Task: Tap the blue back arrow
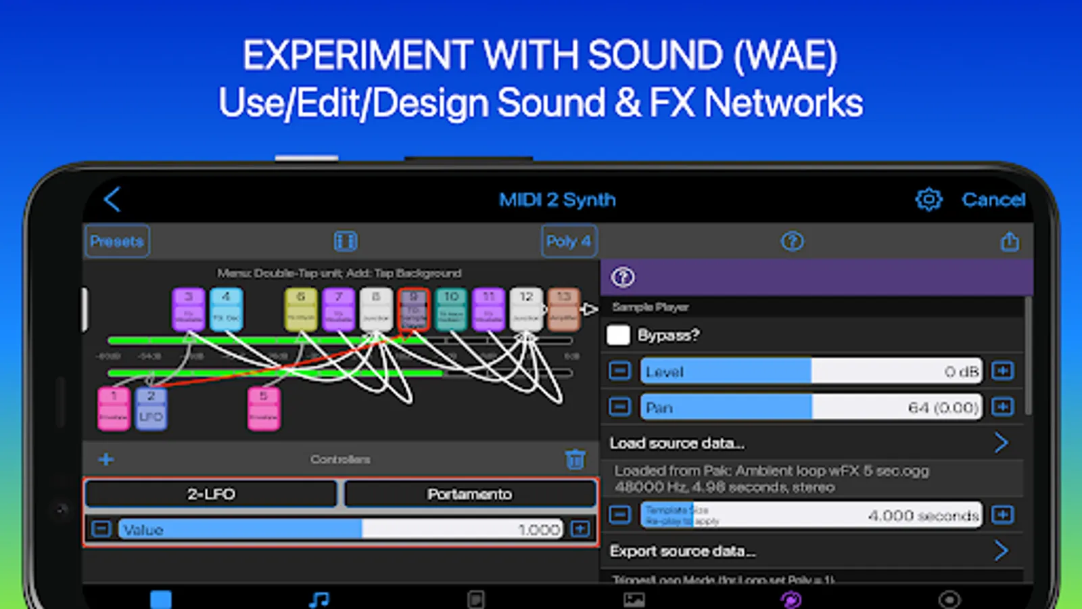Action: pos(112,199)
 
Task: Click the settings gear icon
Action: pos(928,199)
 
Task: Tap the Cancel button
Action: pos(993,200)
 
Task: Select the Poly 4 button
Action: pos(569,241)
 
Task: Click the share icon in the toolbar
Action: pos(1010,242)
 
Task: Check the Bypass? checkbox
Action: pos(618,335)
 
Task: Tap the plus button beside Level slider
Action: pos(1002,371)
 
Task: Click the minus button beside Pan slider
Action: pos(619,407)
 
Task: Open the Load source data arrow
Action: pos(1001,443)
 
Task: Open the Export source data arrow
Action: pos(1001,551)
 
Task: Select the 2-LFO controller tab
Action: pos(211,494)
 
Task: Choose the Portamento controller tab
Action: pos(469,494)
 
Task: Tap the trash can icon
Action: pos(575,459)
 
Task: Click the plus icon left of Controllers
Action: pos(106,459)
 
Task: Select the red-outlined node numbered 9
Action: pos(414,309)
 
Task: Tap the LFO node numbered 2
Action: pos(151,409)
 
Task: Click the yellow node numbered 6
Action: pos(301,309)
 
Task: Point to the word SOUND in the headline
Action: pos(655,55)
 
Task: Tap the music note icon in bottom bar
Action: pos(319,599)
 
